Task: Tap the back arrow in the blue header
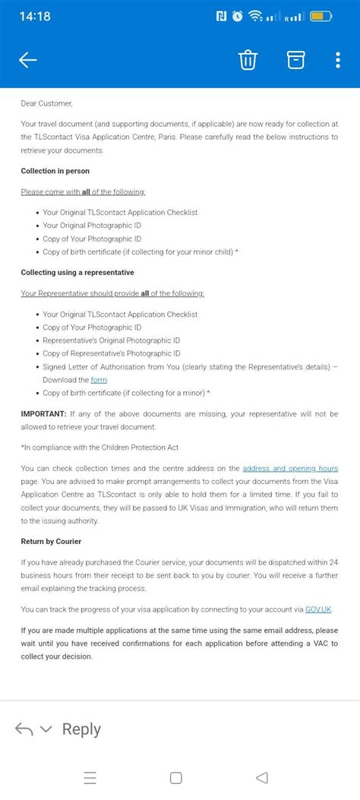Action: coord(27,61)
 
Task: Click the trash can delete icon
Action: coord(248,60)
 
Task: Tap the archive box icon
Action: coord(295,60)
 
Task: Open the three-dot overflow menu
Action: coord(338,60)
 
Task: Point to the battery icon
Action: coord(321,15)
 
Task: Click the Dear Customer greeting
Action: coord(47,103)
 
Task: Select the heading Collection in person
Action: coord(55,171)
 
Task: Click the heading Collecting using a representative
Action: coord(77,272)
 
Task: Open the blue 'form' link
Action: coord(99,380)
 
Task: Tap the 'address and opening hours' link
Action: coord(290,468)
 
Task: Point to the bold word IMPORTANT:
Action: coord(43,414)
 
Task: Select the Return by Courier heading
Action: coord(51,541)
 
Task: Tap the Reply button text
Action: coord(81,729)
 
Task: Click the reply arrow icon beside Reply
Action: coord(24,729)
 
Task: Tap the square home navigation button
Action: coord(176,778)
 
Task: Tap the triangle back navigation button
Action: coord(262,778)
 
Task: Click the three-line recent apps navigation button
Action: coord(90,778)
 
